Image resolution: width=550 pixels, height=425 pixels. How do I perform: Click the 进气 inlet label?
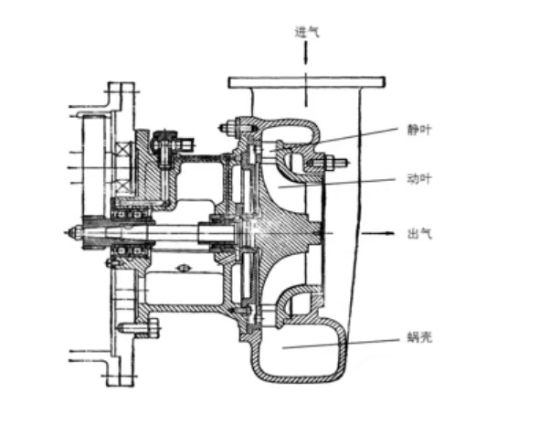pyautogui.click(x=307, y=32)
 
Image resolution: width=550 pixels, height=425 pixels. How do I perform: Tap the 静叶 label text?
pyautogui.click(x=419, y=130)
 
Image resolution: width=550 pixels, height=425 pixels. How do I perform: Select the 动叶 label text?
pyautogui.click(x=419, y=178)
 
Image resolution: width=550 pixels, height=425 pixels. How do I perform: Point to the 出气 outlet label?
pyautogui.click(x=419, y=233)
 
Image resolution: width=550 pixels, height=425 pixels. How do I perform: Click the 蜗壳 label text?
pyautogui.click(x=419, y=337)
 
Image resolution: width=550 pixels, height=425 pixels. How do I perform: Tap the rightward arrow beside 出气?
pyautogui.click(x=376, y=233)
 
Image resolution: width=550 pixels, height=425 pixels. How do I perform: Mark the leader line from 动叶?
pyautogui.click(x=337, y=183)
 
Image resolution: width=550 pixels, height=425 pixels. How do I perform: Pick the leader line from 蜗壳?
pyautogui.click(x=340, y=344)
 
